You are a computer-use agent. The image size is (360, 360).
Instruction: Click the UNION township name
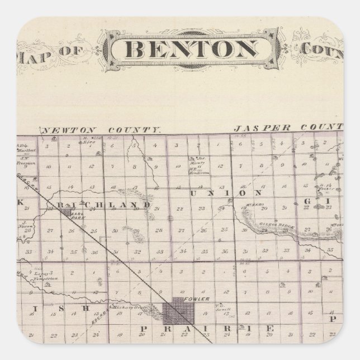pyautogui.click(x=218, y=192)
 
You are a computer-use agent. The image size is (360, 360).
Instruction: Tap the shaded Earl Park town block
pyautogui.click(x=68, y=212)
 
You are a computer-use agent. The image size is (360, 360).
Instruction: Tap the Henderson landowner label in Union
pyautogui.click(x=201, y=173)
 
